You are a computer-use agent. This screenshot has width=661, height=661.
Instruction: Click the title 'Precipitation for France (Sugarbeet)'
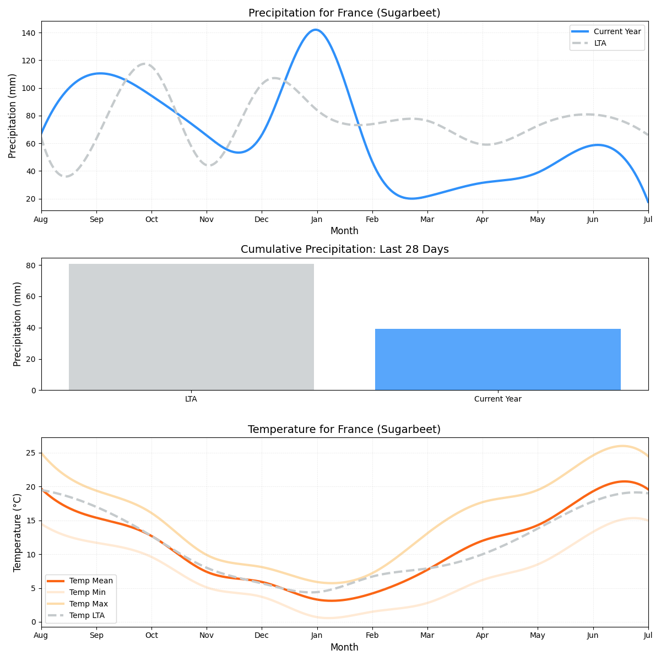(344, 13)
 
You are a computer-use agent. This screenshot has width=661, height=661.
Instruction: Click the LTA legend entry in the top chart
(600, 43)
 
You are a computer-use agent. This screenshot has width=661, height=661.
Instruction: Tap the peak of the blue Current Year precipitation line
(316, 30)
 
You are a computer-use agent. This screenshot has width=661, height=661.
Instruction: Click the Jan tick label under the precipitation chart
(317, 219)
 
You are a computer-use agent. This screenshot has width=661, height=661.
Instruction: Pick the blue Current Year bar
(497, 359)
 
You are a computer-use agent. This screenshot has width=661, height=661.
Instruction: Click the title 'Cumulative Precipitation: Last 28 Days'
(344, 250)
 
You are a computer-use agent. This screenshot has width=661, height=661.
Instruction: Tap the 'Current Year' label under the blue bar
(497, 399)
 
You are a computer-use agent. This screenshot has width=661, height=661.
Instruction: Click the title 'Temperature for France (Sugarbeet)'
(344, 430)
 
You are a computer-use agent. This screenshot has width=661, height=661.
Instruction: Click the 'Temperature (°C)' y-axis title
(18, 532)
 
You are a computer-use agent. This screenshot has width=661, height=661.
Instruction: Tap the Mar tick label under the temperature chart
(427, 636)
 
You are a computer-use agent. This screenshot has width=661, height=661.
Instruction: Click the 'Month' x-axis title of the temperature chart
(344, 648)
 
